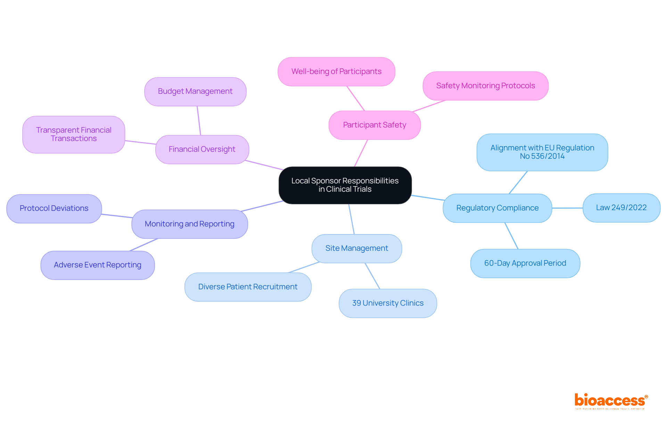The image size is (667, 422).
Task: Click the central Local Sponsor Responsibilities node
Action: coord(345,185)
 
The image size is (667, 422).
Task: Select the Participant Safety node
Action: coord(374,125)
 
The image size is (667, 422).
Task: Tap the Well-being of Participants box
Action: coord(336,72)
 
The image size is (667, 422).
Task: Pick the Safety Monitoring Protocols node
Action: coord(485,86)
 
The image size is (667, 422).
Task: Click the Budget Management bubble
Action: coord(195,91)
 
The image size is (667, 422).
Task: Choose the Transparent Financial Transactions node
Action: coord(74,134)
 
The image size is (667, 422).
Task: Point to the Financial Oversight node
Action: coord(202,149)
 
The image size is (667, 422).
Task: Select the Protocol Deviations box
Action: coord(54,208)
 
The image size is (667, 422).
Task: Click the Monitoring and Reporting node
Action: coord(189,224)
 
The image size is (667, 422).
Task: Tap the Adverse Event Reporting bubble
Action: coord(98,265)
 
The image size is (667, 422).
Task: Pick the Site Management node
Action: coord(357,248)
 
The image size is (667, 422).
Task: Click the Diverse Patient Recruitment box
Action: coord(248,287)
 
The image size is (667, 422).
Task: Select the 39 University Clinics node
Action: coord(388,303)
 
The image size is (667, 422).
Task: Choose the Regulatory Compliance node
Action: coord(497,208)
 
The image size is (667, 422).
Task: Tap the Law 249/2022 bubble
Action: coord(621,208)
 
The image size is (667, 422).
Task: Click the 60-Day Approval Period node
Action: coord(525,263)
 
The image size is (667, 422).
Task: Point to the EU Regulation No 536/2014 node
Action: coord(542,152)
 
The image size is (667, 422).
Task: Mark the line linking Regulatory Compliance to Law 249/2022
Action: coord(567,208)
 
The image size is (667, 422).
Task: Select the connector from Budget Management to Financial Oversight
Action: coord(199,121)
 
